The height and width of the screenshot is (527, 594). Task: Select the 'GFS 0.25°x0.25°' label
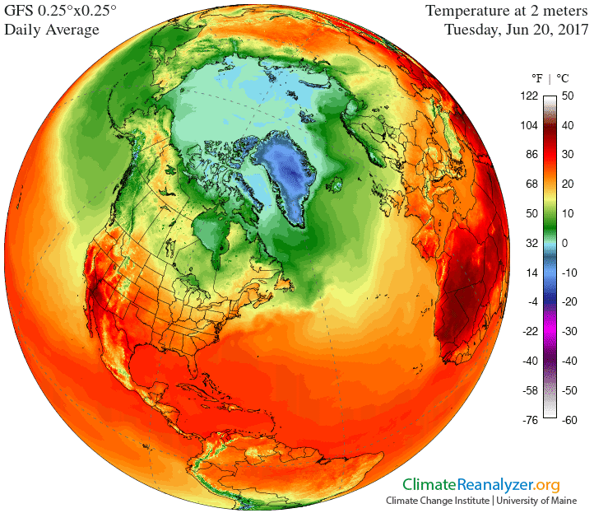pos(62,12)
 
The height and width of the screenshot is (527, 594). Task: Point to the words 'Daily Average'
pos(53,30)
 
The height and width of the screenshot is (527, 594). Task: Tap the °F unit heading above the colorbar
pos(536,79)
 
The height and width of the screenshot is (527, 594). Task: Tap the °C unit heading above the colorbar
pos(563,79)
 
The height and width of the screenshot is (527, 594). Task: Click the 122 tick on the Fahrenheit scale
pos(528,96)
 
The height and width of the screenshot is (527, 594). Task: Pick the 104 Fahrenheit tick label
pos(528,125)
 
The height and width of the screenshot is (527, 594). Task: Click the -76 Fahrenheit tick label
pos(529,419)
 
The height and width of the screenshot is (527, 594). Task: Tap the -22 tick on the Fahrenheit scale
pos(529,331)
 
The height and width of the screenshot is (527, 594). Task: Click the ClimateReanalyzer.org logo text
pos(480,485)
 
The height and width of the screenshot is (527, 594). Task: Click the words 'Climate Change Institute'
pos(436,501)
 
